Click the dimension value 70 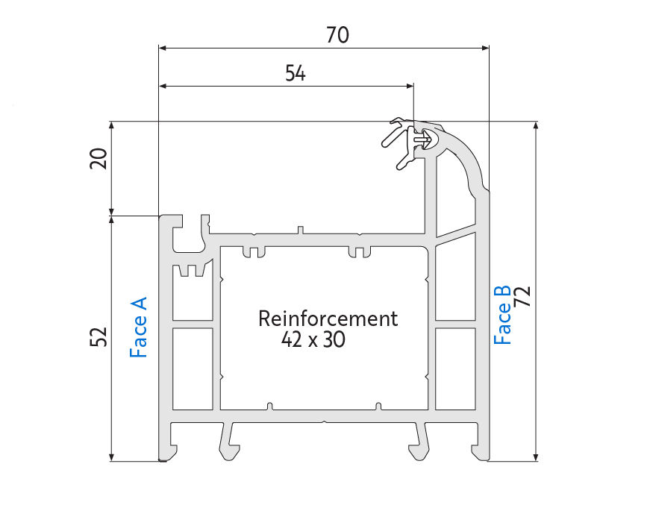(337, 35)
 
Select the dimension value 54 (296, 73)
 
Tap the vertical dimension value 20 (99, 158)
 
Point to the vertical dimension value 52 (99, 337)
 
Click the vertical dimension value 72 (524, 296)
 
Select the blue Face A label (138, 327)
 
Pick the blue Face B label (502, 315)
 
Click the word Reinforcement (328, 319)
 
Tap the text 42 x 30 (313, 339)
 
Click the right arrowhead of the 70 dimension (485, 48)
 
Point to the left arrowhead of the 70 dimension (162, 48)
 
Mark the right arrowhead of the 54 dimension (410, 86)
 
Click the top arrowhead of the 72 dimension (536, 125)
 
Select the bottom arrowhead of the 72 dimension (536, 457)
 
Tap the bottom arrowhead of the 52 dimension (111, 457)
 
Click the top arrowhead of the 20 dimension (111, 125)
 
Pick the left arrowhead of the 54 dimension (163, 86)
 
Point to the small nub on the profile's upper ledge (301, 230)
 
